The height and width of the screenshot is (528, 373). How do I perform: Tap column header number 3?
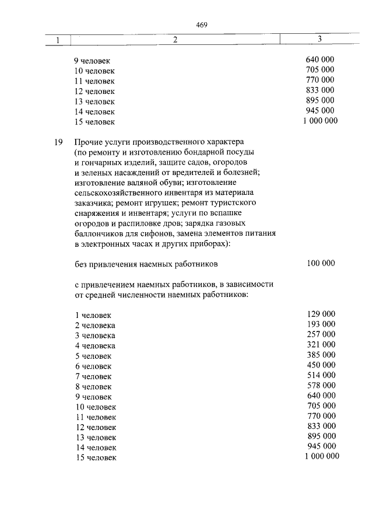(319, 39)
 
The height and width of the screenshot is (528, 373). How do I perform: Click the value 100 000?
(321, 263)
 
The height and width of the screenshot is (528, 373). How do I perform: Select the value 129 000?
(321, 313)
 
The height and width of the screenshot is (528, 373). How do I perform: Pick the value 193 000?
(321, 324)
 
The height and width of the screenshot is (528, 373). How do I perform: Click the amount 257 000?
(321, 334)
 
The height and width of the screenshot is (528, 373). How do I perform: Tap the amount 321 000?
(321, 345)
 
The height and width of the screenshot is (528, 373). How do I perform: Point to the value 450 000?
(321, 366)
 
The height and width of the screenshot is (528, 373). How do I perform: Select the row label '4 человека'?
(96, 346)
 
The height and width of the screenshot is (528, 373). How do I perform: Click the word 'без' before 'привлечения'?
(82, 264)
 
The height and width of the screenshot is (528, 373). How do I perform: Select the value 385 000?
(321, 355)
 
